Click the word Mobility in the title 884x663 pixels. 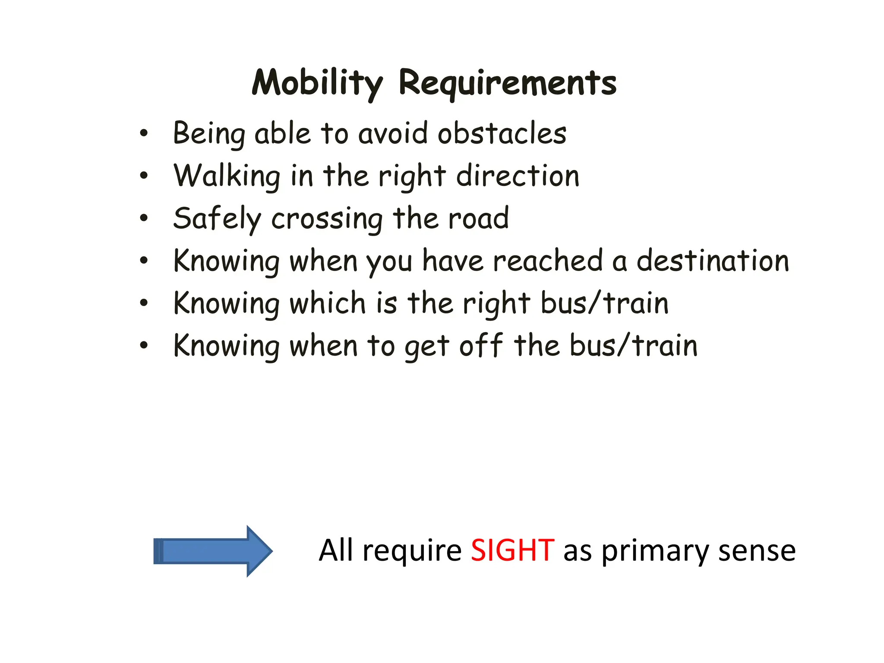[x=317, y=83]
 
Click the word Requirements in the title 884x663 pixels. [x=508, y=83]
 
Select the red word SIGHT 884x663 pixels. [x=512, y=551]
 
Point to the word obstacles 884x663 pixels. [x=502, y=133]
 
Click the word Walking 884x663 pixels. [x=227, y=176]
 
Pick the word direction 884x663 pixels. [x=518, y=176]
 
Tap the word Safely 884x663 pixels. [x=217, y=218]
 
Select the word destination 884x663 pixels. [x=713, y=261]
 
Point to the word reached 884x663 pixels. [x=548, y=261]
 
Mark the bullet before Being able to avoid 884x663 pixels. [x=144, y=133]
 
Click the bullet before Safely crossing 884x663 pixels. [x=144, y=218]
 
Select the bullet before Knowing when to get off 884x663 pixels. [x=144, y=346]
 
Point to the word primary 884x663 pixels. [x=654, y=552]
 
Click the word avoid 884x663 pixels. [x=393, y=133]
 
